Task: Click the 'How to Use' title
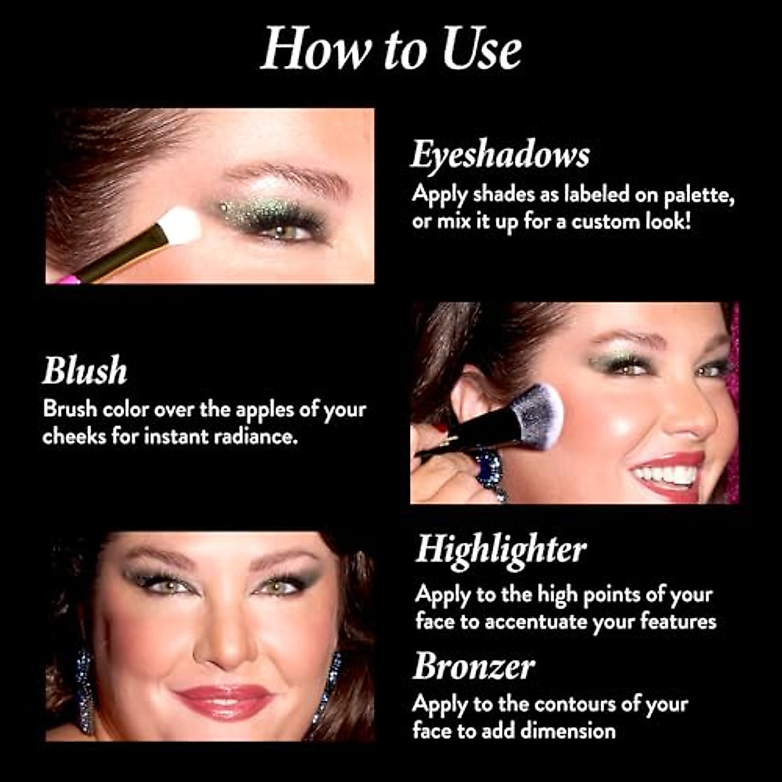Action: [x=391, y=49]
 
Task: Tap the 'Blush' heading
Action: [x=85, y=371]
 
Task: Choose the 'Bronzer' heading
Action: [x=474, y=667]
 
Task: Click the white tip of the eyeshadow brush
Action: [x=179, y=225]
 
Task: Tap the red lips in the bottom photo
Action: [x=225, y=700]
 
